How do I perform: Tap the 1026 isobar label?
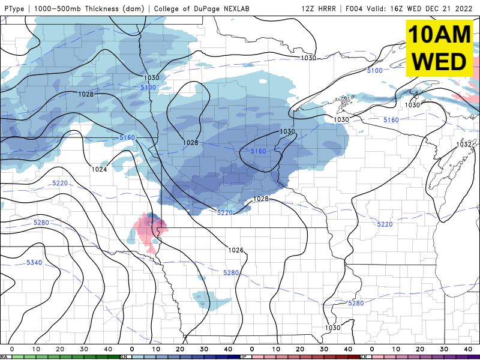(236, 250)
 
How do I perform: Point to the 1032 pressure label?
(464, 145)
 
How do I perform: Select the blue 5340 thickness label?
(35, 263)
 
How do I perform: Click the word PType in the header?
(14, 9)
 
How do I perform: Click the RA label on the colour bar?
(4, 356)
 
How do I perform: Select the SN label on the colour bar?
(124, 356)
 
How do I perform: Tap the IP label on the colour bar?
(244, 356)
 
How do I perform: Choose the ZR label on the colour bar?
(364, 356)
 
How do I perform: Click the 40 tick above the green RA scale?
(108, 349)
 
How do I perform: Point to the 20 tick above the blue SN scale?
(180, 349)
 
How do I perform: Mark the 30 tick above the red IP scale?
(324, 349)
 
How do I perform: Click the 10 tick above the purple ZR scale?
(396, 349)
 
